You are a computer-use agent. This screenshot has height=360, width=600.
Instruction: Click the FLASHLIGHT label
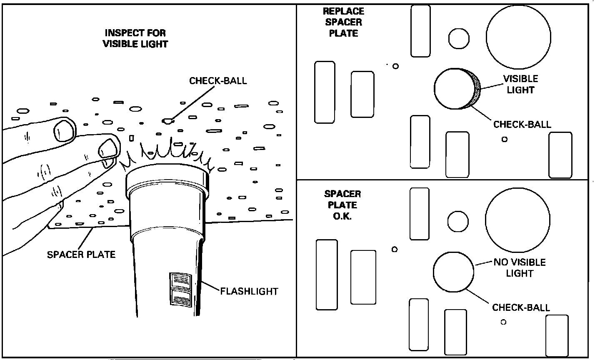pyautogui.click(x=249, y=291)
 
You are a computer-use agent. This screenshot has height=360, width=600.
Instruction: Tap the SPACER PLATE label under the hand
pyautogui.click(x=81, y=255)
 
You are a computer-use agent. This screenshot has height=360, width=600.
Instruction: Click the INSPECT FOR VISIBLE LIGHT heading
pyautogui.click(x=135, y=38)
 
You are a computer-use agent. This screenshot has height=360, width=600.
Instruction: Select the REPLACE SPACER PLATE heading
pyautogui.click(x=344, y=22)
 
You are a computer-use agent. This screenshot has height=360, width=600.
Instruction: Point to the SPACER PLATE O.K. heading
pyautogui.click(x=342, y=205)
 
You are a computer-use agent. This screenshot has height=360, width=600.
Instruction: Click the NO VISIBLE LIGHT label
pyautogui.click(x=520, y=267)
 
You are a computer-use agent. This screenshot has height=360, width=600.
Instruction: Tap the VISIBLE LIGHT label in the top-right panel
pyautogui.click(x=521, y=84)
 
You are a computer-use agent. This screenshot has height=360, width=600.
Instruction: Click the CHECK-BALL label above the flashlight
pyautogui.click(x=218, y=81)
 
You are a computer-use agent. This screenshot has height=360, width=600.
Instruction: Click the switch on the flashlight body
pyautogui.click(x=181, y=289)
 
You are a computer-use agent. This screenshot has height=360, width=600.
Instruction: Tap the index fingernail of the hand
pyautogui.click(x=65, y=131)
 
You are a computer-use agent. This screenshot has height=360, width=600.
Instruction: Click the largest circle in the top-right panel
pyautogui.click(x=519, y=37)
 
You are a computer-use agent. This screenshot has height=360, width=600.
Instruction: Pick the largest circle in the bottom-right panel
pyautogui.click(x=518, y=220)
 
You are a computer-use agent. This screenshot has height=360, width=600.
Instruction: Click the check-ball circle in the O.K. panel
pyautogui.click(x=453, y=272)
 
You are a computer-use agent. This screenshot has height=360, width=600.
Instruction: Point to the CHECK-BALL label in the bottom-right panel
pyautogui.click(x=521, y=307)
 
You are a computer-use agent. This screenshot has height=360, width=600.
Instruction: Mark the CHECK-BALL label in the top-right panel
pyautogui.click(x=522, y=124)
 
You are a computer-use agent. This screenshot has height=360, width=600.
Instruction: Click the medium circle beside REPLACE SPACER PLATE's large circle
pyautogui.click(x=459, y=39)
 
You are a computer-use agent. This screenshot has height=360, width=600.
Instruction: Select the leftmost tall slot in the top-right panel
pyautogui.click(x=325, y=92)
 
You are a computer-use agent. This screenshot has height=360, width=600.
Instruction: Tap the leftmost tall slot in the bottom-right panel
pyautogui.click(x=327, y=275)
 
